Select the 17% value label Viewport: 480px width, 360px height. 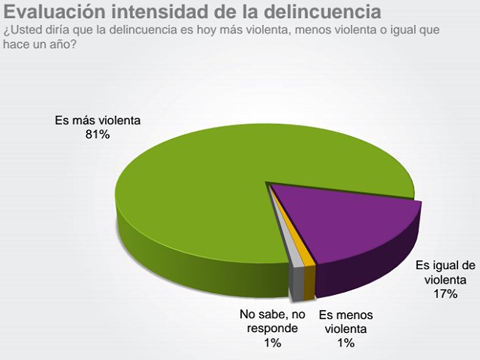(446, 294)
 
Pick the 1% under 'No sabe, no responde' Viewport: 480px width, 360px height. (273, 343)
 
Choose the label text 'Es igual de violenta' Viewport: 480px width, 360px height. (446, 273)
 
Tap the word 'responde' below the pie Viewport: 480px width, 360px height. (273, 330)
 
